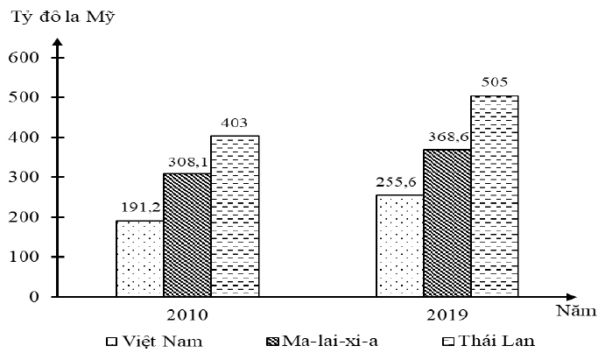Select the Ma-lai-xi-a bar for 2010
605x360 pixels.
186,235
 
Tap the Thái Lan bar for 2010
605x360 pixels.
235,215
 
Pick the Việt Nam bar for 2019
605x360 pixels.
399,245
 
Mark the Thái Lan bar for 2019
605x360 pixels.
495,195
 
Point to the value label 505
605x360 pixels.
495,83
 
